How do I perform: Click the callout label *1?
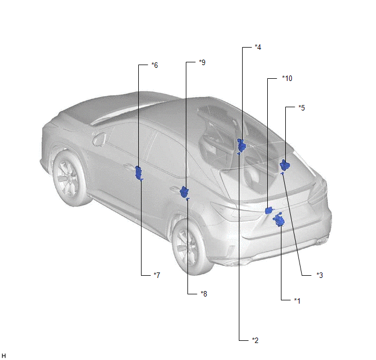click(x=297, y=301)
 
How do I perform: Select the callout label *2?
click(x=255, y=340)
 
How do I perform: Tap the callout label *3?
click(x=320, y=275)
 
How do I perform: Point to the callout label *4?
click(x=258, y=47)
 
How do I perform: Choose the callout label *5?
click(x=302, y=108)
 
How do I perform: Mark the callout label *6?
click(x=155, y=65)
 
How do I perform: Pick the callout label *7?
click(x=157, y=275)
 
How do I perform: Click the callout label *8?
click(x=204, y=294)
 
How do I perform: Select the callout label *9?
click(x=202, y=62)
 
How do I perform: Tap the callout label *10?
click(x=287, y=78)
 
